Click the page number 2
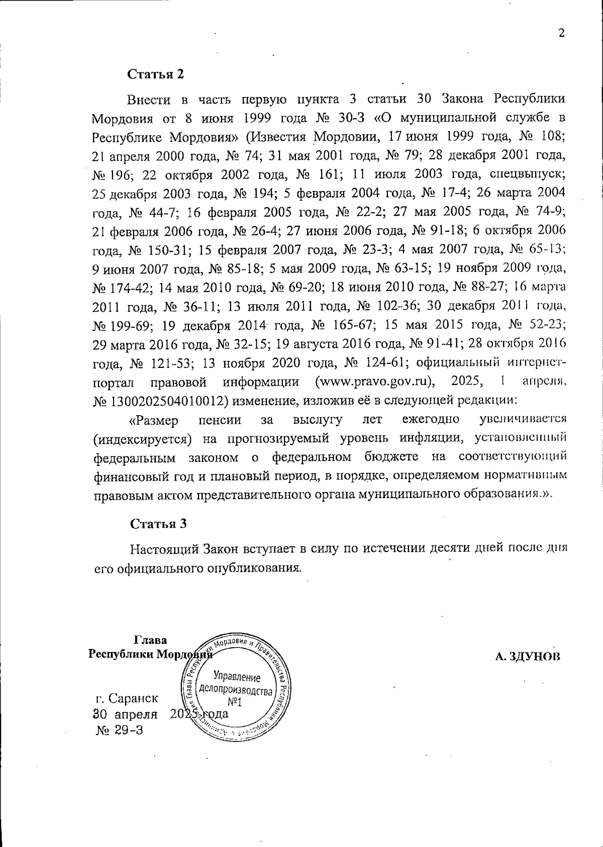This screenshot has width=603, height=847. point(561,34)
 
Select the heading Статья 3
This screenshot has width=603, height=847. point(158,523)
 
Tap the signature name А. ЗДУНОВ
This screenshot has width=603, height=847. point(527,656)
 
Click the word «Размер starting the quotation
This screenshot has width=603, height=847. point(153,420)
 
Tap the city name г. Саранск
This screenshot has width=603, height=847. point(127,698)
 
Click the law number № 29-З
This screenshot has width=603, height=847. point(119,730)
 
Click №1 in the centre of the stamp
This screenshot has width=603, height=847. point(235,702)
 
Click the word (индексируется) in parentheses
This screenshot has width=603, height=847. point(143,439)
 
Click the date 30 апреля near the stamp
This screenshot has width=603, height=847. point(125,714)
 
